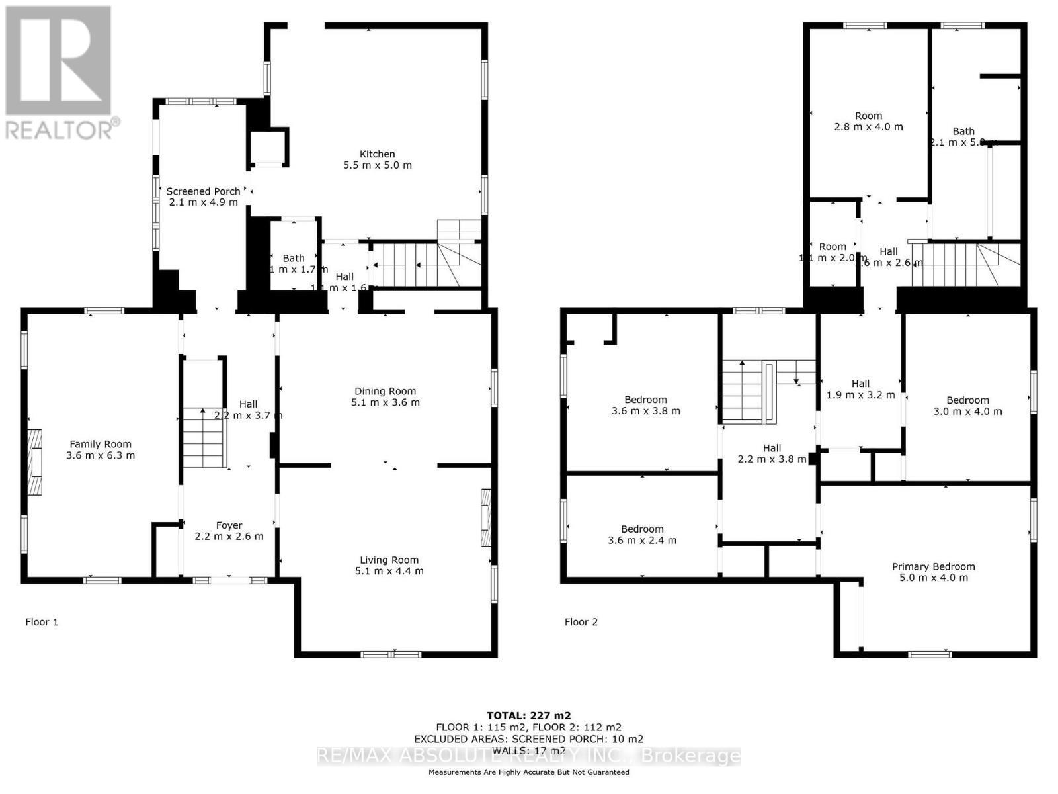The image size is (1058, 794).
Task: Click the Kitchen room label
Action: [x=377, y=154]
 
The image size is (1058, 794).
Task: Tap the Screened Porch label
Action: [x=203, y=191]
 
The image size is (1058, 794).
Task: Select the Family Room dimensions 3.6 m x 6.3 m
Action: [x=101, y=455]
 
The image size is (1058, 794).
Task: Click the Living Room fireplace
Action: [x=487, y=517]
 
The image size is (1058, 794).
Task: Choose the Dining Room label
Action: [x=385, y=391]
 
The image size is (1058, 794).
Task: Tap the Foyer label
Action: [x=229, y=525]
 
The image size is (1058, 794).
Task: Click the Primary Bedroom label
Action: [x=933, y=566]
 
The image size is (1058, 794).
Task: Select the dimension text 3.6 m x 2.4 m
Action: [x=642, y=540]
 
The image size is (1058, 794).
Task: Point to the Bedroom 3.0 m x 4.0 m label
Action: [x=967, y=400]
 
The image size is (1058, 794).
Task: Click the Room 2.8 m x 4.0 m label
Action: [x=868, y=116]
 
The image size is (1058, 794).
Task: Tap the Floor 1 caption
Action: [x=42, y=622]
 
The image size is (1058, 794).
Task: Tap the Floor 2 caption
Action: [x=581, y=622]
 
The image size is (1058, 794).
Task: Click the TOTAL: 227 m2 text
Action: [x=528, y=715]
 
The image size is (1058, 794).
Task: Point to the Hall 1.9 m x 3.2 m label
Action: [x=860, y=384]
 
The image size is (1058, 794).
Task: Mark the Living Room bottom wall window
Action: [x=391, y=654]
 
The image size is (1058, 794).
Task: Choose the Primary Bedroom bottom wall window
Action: [x=930, y=654]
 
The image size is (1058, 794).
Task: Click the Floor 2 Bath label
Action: [x=963, y=131]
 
